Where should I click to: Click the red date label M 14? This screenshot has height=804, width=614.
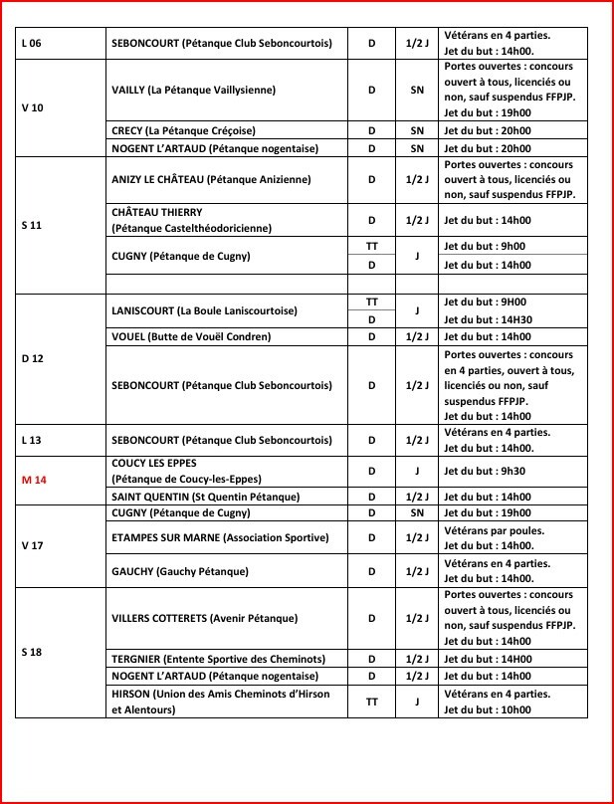[x=34, y=479]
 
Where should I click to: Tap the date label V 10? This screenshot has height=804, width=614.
[x=32, y=107]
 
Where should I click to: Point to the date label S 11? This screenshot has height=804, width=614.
[x=31, y=225]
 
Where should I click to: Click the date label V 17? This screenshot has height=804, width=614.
[x=32, y=545]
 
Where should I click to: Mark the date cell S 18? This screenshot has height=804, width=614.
[x=31, y=652]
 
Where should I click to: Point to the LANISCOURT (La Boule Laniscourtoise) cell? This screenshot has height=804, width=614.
[x=204, y=310]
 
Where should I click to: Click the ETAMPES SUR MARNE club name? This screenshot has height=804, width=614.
[x=219, y=538]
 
